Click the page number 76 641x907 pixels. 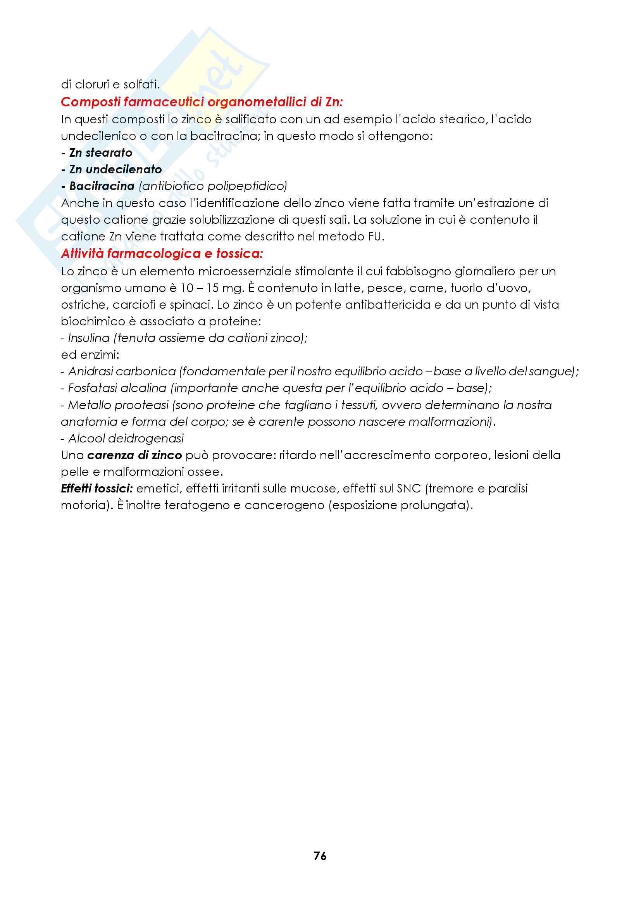point(320,856)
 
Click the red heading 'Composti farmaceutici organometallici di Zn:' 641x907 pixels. point(202,102)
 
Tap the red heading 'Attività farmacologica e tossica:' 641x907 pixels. point(162,253)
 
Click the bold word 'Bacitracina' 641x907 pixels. point(102,186)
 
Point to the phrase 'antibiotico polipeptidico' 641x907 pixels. point(213,186)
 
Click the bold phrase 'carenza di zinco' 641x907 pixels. point(134,455)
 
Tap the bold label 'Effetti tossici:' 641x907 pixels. point(97,488)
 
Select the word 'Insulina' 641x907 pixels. point(89,338)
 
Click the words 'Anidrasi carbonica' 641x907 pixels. point(122,371)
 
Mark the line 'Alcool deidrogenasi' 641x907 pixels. point(126,439)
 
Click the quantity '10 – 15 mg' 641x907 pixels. point(211,288)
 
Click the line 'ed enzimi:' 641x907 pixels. point(90,355)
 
